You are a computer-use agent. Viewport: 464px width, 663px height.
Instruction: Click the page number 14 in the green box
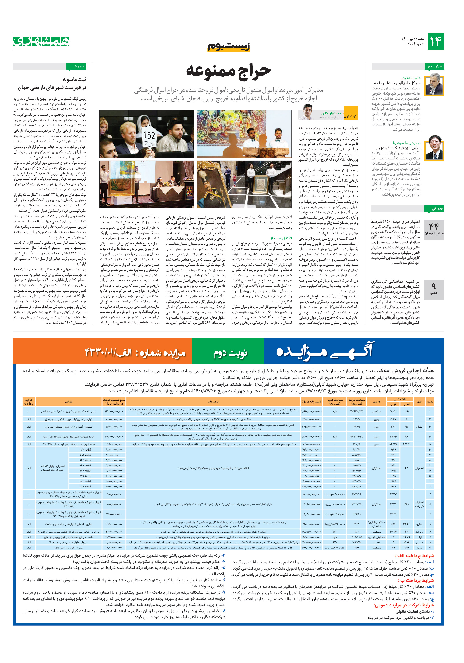[435, 42]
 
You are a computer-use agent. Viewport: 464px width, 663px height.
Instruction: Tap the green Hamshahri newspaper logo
[41, 41]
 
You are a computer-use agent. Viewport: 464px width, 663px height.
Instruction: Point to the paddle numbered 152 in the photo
[150, 136]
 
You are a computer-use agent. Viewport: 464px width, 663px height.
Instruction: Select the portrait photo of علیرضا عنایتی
[434, 85]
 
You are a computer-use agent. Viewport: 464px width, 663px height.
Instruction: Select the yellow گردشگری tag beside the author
[351, 116]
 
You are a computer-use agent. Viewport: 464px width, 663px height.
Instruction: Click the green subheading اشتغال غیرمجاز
[281, 238]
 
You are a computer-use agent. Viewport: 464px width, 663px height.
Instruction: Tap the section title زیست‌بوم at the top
[229, 46]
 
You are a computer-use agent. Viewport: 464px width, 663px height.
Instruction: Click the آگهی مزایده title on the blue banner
[325, 351]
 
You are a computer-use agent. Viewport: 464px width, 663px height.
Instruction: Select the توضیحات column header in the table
[213, 401]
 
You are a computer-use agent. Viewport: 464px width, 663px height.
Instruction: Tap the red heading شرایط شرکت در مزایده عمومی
[403, 605]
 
